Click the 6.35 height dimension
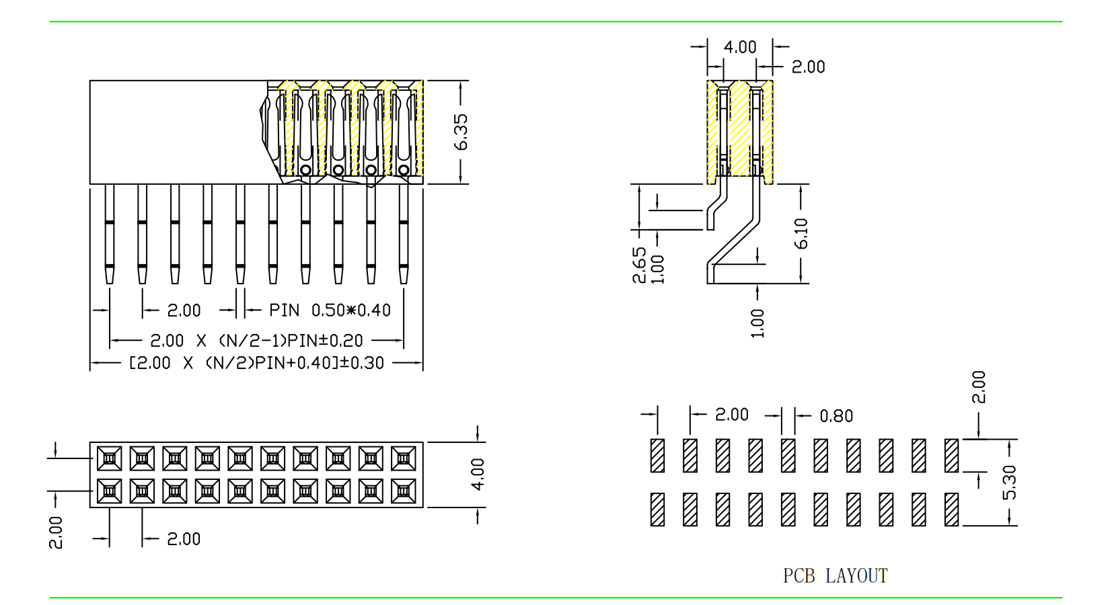[x=461, y=132]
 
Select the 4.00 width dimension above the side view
[x=740, y=47]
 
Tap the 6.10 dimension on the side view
[x=801, y=233]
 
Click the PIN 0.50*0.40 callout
[x=330, y=311]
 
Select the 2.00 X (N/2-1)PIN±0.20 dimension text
[x=256, y=341]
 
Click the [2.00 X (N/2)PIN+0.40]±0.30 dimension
[x=256, y=363]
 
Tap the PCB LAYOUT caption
[x=835, y=576]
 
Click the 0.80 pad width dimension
[x=836, y=416]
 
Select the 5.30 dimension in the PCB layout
[x=1009, y=482]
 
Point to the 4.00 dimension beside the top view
[x=478, y=474]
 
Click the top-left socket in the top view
[x=109, y=458]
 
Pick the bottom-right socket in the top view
[x=404, y=491]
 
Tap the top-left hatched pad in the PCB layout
[x=658, y=456]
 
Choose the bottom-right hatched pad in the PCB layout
[x=951, y=510]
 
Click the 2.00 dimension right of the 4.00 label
[x=808, y=67]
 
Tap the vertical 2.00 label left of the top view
[x=56, y=532]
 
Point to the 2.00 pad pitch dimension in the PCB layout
[x=732, y=415]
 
